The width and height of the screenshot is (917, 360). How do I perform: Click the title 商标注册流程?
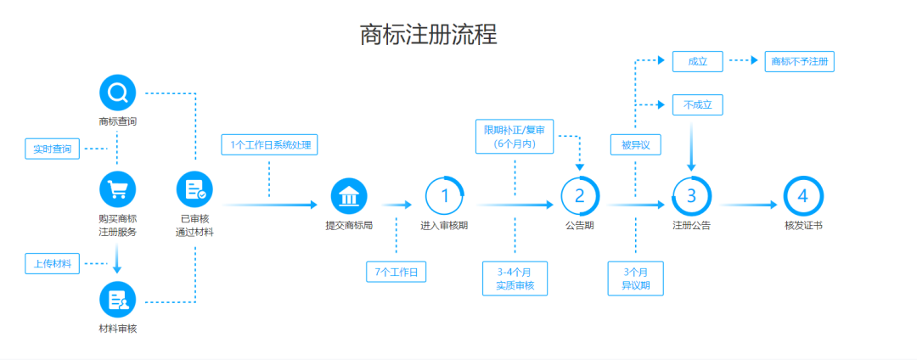coord(428,35)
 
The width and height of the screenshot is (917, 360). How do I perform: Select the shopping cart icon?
coord(117,189)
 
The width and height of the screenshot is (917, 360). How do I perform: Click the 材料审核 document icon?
coord(117,300)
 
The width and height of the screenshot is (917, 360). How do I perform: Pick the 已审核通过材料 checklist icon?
coord(194,189)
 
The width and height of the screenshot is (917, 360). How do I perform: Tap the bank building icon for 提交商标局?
coord(349,199)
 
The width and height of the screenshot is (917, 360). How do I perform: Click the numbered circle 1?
coord(444,196)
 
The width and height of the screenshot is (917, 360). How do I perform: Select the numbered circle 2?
coord(580,196)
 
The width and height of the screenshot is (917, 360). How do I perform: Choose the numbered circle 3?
coord(691,196)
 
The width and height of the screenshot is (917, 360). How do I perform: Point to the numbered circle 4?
coord(802,196)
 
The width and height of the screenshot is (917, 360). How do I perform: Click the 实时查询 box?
coord(53,149)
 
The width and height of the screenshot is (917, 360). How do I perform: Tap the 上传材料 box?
coord(53,264)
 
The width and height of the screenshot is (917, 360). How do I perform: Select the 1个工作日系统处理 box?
coord(269,145)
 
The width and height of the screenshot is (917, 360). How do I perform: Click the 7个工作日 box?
coord(397,272)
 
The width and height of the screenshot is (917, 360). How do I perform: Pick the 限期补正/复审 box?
coord(515,137)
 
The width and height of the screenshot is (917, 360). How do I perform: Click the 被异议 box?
coord(635,145)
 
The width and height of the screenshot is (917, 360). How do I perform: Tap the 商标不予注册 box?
coord(799,61)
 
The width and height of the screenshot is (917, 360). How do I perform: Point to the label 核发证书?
coord(802,226)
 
